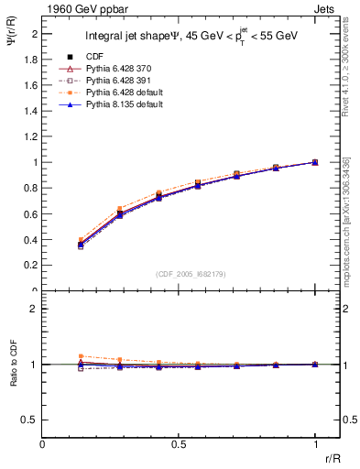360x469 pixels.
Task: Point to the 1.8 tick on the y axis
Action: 32,59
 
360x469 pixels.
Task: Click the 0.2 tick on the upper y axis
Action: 32,266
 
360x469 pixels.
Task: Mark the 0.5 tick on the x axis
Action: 179,444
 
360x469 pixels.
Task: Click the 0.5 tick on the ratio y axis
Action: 32,420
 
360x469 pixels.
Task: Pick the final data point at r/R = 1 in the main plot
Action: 315,162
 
